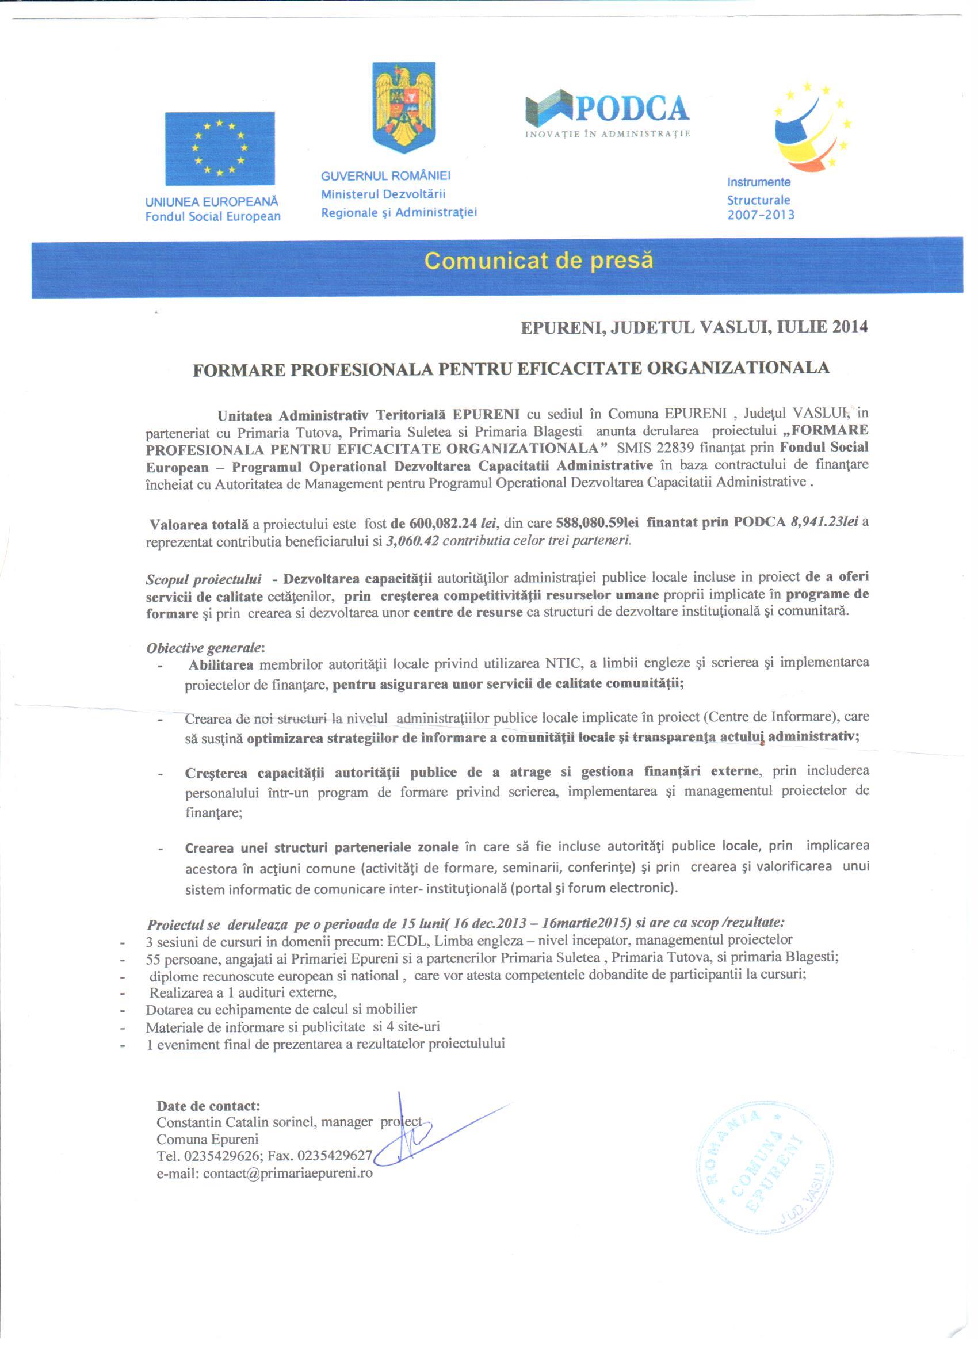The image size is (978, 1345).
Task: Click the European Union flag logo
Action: point(219,148)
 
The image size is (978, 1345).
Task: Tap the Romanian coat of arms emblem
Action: point(403,107)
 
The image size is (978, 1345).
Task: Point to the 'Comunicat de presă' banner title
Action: point(538,261)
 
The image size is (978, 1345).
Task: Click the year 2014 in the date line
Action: point(850,327)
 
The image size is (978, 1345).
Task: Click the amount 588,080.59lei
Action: point(597,523)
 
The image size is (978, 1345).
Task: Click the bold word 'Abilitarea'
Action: point(221,664)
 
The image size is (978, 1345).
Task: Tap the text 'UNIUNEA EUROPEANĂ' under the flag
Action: point(211,201)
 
